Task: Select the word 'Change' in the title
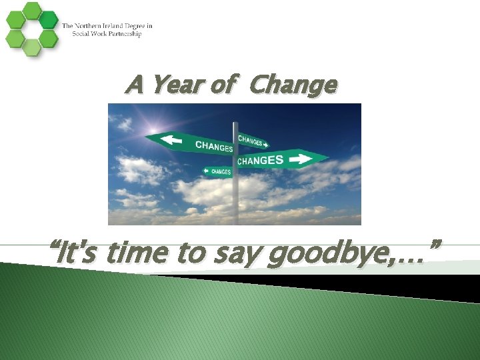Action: [x=293, y=85]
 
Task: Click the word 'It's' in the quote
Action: [x=79, y=253]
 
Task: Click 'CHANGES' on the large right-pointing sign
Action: [x=260, y=161]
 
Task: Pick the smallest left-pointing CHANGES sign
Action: [x=218, y=171]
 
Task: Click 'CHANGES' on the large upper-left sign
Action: [x=213, y=146]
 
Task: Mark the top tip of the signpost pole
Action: [x=235, y=123]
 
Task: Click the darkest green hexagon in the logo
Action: [x=48, y=20]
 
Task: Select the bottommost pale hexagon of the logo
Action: [x=31, y=47]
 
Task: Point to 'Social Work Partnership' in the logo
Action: [x=101, y=34]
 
